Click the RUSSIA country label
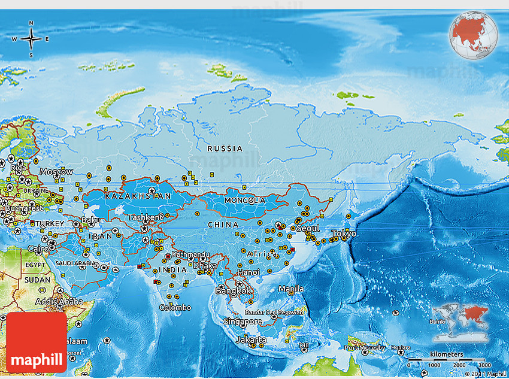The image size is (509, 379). click(225, 148)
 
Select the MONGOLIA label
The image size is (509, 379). click(244, 200)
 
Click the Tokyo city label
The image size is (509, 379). click(344, 234)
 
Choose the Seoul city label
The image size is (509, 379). click(307, 229)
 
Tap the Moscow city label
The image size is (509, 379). click(56, 172)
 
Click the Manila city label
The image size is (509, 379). click(291, 289)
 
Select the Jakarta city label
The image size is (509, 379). click(251, 339)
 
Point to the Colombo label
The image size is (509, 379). click(175, 307)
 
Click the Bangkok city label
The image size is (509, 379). click(234, 290)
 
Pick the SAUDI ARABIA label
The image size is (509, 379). click(75, 263)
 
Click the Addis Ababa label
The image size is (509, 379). click(59, 301)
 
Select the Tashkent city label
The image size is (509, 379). click(145, 217)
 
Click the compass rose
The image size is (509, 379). click(31, 39)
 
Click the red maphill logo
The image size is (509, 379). click(37, 342)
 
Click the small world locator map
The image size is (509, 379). click(460, 315)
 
